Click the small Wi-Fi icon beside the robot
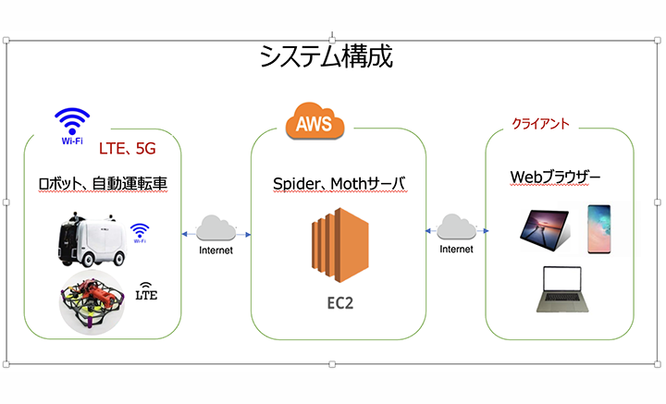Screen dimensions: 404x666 140,231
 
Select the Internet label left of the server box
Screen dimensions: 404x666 214,250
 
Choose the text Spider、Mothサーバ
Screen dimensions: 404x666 339,184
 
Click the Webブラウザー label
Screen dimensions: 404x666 557,176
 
